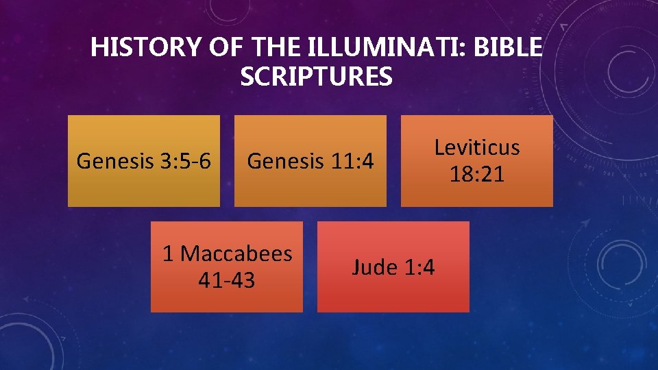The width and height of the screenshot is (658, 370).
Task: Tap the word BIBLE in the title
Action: tap(508, 49)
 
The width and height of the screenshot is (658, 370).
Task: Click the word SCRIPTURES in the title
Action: tap(317, 77)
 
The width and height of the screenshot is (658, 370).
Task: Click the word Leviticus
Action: tap(477, 147)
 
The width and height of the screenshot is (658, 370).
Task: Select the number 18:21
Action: tap(477, 174)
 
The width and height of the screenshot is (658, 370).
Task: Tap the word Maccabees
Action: tap(236, 254)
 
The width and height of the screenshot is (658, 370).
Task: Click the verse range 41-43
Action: tap(226, 280)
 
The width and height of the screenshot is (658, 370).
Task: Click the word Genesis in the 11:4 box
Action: tap(283, 162)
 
